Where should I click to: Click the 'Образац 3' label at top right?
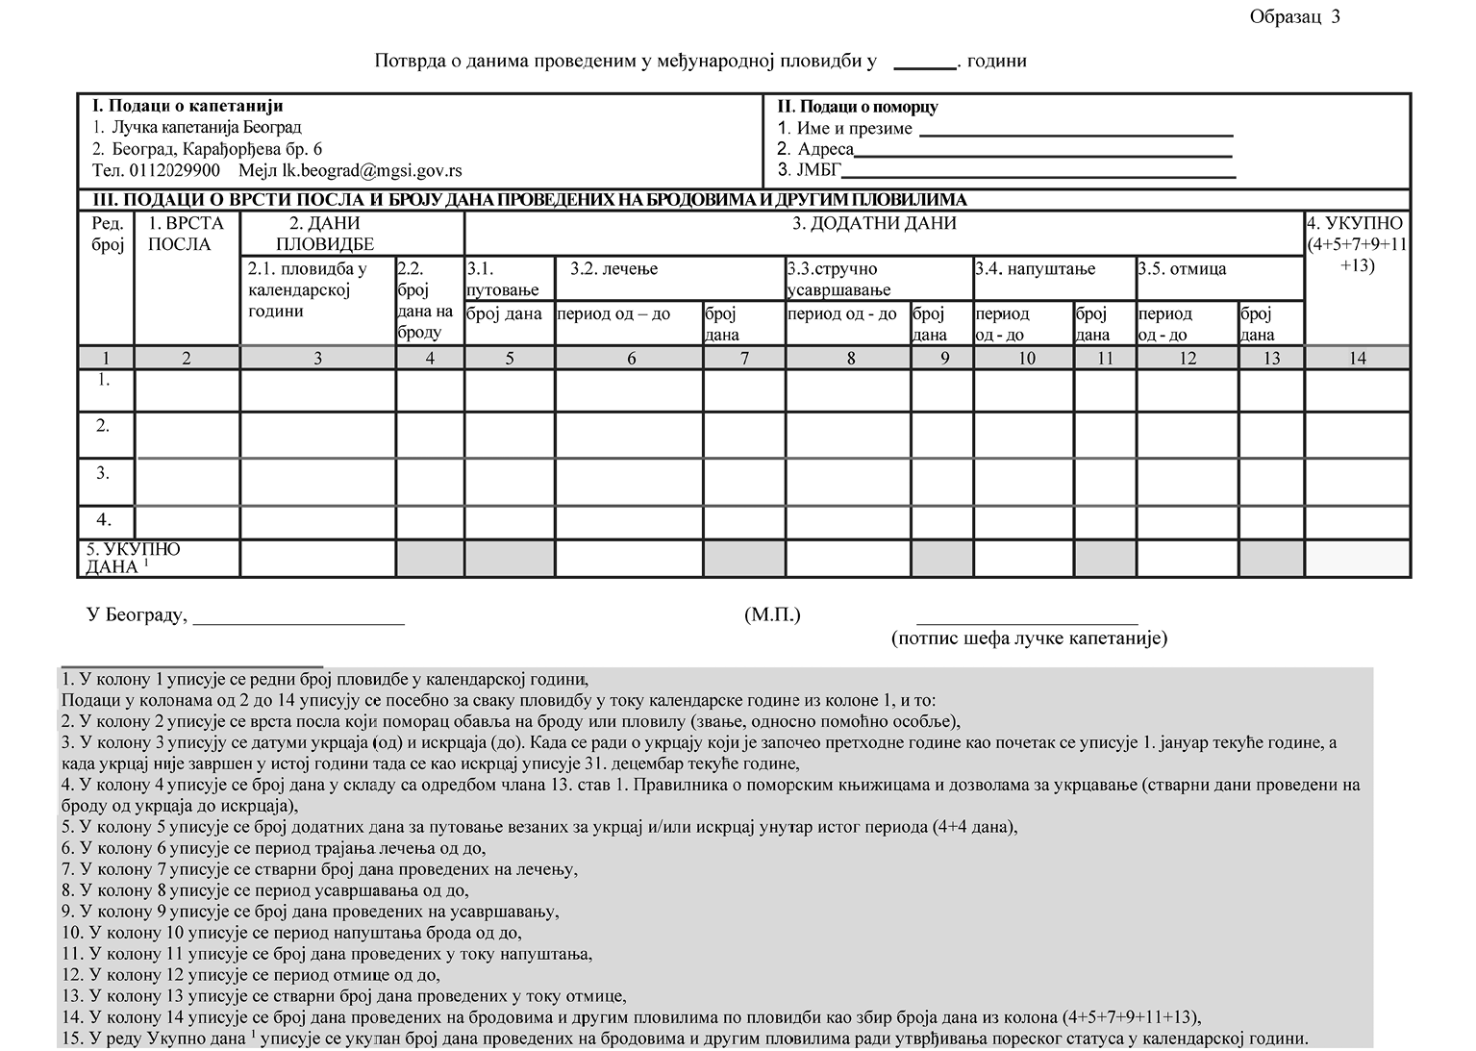pyautogui.click(x=1294, y=16)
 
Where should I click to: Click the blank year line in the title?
pyautogui.click(x=924, y=63)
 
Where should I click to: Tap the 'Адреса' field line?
pyautogui.click(x=1042, y=154)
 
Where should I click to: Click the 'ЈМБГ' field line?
pyautogui.click(x=1038, y=175)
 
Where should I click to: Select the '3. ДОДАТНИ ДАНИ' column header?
pyautogui.click(x=875, y=224)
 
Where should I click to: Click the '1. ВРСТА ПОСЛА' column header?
pyautogui.click(x=186, y=234)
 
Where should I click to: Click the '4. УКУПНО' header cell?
pyautogui.click(x=1356, y=244)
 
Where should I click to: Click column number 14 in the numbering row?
pyautogui.click(x=1357, y=358)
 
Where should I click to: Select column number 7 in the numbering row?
pyautogui.click(x=743, y=358)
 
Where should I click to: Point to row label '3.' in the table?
pyautogui.click(x=103, y=473)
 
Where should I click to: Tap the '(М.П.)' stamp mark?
pyautogui.click(x=771, y=615)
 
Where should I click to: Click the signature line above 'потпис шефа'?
pyautogui.click(x=1027, y=622)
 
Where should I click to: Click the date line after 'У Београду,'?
pyautogui.click(x=299, y=622)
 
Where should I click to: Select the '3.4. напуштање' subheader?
pyautogui.click(x=1035, y=269)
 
